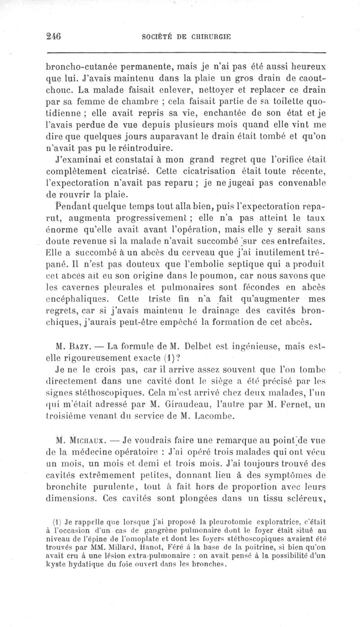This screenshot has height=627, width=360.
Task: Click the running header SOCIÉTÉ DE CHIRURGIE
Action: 185,37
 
